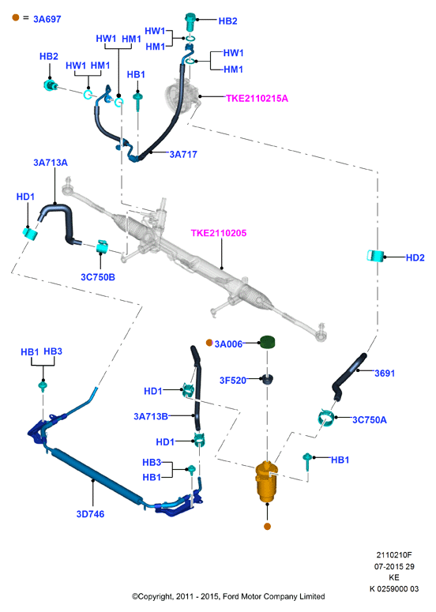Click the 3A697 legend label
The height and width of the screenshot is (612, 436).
pyautogui.click(x=47, y=19)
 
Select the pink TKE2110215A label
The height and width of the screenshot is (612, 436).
pyautogui.click(x=257, y=99)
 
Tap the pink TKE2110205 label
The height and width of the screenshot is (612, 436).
pyautogui.click(x=219, y=234)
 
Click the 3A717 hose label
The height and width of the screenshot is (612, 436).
pyautogui.click(x=183, y=155)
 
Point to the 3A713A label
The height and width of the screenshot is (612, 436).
pyautogui.click(x=51, y=163)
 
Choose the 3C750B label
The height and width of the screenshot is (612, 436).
pyautogui.click(x=98, y=277)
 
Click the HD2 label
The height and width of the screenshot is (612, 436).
pyautogui.click(x=415, y=257)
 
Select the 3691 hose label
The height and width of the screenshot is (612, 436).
pyautogui.click(x=385, y=374)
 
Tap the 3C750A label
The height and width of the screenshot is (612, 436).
pyautogui.click(x=369, y=420)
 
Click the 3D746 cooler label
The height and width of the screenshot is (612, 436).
pyautogui.click(x=90, y=514)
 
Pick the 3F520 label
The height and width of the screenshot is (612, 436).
pyautogui.click(x=233, y=381)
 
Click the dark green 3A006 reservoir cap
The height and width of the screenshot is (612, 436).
pyautogui.click(x=268, y=342)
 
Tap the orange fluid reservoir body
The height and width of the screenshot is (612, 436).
pyautogui.click(x=267, y=482)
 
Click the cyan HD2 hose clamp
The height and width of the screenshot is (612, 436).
pyautogui.click(x=375, y=256)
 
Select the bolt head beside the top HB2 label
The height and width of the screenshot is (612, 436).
pyautogui.click(x=190, y=21)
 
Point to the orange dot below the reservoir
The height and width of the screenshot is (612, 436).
pyautogui.click(x=268, y=527)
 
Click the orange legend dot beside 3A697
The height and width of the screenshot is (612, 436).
pyautogui.click(x=16, y=17)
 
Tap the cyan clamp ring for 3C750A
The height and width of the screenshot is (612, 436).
pyautogui.click(x=325, y=419)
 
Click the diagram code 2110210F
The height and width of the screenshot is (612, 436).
pyautogui.click(x=394, y=555)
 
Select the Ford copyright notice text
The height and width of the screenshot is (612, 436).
pyautogui.click(x=228, y=596)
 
